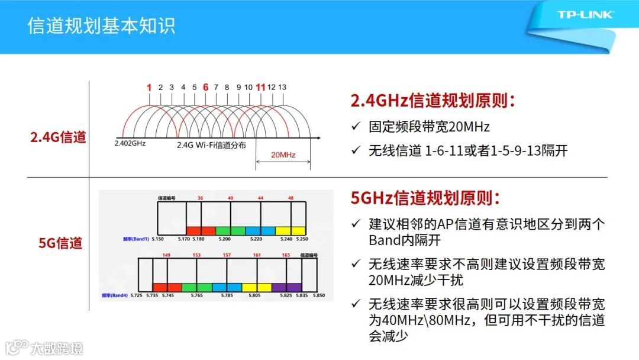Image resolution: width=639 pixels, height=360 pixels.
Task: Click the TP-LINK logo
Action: (585, 15)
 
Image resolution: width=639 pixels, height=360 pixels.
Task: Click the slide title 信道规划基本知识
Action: (101, 27)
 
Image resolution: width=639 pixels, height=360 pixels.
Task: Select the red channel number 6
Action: (205, 87)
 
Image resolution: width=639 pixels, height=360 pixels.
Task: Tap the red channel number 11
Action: (260, 87)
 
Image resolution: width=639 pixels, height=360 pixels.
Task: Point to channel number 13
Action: (282, 87)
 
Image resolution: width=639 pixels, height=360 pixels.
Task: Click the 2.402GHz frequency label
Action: (130, 143)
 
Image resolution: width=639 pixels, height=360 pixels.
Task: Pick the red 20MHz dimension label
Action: (283, 155)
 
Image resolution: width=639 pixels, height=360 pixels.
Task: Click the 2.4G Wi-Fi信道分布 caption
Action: (211, 144)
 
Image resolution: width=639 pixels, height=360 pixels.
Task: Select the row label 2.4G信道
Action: (58, 138)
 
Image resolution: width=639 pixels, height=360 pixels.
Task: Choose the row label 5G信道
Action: (60, 243)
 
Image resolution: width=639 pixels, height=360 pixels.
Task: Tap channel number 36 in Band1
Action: (200, 198)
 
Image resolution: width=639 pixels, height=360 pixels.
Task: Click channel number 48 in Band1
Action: (291, 198)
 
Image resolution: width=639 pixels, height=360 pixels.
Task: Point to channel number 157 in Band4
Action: (227, 255)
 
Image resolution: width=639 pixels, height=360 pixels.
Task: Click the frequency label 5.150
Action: (157, 239)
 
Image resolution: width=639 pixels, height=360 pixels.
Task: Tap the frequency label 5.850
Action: (319, 295)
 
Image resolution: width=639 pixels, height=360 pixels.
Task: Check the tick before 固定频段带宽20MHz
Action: (356, 127)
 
